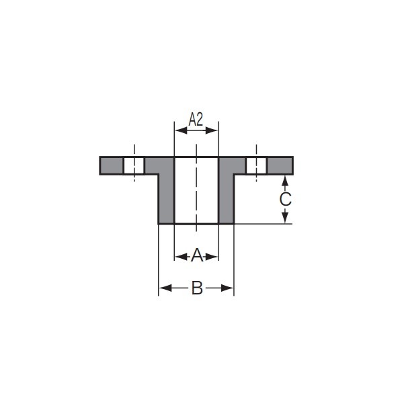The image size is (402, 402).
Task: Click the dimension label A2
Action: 196,120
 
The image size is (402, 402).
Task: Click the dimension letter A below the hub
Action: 197,255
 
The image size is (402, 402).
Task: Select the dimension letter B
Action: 197,288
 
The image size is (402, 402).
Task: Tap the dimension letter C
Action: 285,199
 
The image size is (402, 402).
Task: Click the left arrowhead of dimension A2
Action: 181,130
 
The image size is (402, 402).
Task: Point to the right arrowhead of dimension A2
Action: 212,130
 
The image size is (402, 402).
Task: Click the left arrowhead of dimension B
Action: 165,288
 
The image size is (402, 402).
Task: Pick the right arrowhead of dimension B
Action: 227,288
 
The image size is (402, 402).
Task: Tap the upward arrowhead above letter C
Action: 285,182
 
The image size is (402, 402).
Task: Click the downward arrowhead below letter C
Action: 285,217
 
